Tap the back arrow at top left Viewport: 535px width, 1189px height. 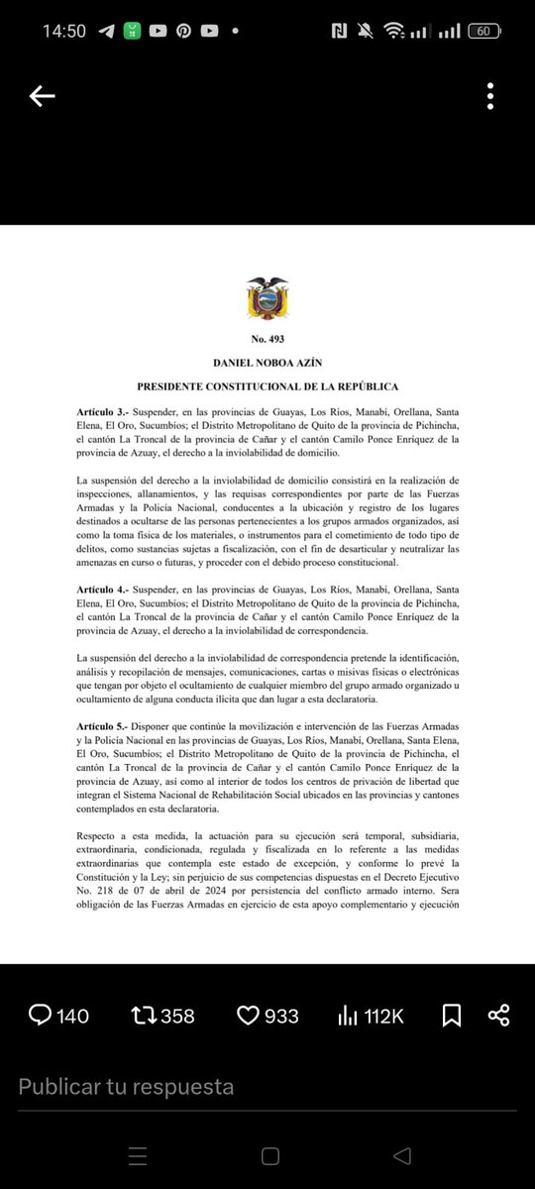point(42,96)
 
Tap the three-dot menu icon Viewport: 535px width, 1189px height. point(491,96)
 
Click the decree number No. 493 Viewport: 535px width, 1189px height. point(267,339)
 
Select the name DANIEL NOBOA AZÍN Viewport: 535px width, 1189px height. point(267,363)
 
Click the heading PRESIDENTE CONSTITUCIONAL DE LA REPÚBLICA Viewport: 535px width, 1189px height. point(267,386)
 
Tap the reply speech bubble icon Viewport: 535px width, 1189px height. point(41,1015)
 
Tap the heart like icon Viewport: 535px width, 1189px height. point(248,1015)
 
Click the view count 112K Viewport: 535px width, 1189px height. point(382,1015)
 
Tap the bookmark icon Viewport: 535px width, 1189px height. point(451,1015)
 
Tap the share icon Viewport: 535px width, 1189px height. point(499,1015)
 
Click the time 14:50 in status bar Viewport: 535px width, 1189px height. point(64,31)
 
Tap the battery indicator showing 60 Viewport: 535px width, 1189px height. point(484,31)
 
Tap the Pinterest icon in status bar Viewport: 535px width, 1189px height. point(183,31)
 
